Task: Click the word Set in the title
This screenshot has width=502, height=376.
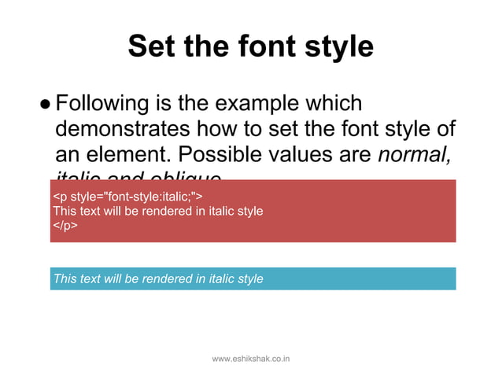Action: tap(152, 47)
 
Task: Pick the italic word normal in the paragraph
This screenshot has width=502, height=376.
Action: tap(415, 153)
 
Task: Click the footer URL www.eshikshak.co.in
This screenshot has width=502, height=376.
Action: tap(252, 359)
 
